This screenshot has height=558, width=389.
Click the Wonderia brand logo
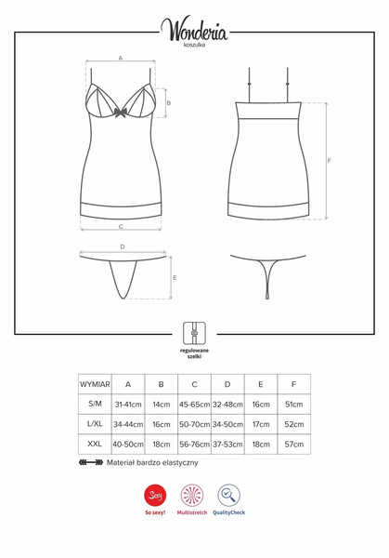click(x=195, y=30)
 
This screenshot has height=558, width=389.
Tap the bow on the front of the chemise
click(x=122, y=116)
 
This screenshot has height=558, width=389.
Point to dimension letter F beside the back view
click(x=330, y=161)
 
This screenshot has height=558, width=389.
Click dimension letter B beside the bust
click(x=168, y=103)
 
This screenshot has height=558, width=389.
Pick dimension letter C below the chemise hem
click(x=122, y=226)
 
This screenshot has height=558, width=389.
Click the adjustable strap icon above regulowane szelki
click(x=194, y=329)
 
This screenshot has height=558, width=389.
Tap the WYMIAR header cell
click(x=95, y=383)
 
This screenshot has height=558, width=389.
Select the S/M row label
click(x=95, y=404)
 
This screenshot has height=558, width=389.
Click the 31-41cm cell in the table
click(x=128, y=405)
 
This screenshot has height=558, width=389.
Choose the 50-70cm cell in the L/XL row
click(x=194, y=424)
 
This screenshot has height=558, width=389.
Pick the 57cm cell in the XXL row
click(x=293, y=445)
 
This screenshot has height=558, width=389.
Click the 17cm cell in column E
click(x=260, y=424)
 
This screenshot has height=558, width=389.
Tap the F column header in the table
click(x=293, y=383)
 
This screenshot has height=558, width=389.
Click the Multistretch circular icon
click(x=194, y=496)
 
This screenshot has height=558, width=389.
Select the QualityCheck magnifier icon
click(x=228, y=496)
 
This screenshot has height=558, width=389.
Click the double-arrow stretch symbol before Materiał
click(x=91, y=462)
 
